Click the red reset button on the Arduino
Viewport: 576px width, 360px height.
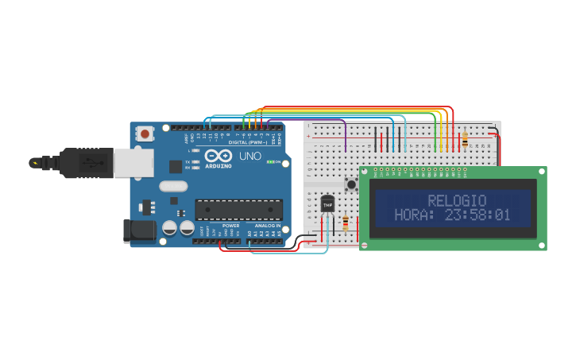[145, 134]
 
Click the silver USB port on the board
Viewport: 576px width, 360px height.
[133, 163]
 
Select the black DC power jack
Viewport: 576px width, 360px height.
[138, 230]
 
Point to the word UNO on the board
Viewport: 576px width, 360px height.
[250, 157]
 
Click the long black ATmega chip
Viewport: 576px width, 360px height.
[238, 209]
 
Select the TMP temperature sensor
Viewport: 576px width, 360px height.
[327, 204]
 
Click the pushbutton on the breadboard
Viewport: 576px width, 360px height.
[350, 184]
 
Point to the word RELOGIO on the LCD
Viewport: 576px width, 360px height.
[457, 200]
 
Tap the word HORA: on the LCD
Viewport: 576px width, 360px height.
[412, 215]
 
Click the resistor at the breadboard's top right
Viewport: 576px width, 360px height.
[464, 139]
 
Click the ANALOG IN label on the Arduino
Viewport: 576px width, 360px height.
[267, 226]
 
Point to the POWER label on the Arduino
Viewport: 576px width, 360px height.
[230, 226]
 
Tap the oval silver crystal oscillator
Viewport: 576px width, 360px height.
[173, 187]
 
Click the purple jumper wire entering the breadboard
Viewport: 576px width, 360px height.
[346, 135]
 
